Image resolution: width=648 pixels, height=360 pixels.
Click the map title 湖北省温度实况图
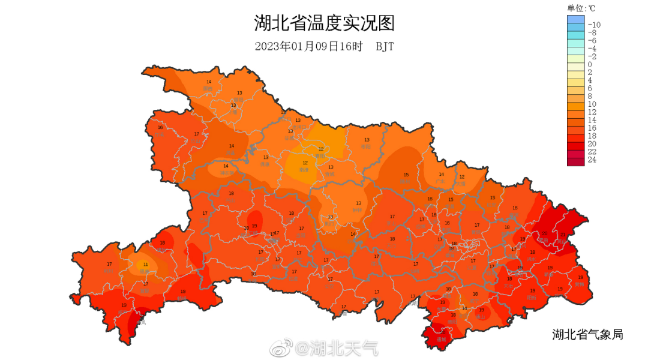click(324, 23)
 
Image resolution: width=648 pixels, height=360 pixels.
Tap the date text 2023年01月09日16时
click(309, 47)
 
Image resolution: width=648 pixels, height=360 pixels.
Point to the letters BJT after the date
click(385, 47)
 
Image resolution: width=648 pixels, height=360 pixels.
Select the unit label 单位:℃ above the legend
click(581, 8)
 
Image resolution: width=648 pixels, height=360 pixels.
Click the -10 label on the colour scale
click(593, 24)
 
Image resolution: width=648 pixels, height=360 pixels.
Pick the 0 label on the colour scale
click(590, 64)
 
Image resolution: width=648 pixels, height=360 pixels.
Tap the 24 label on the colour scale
click(592, 160)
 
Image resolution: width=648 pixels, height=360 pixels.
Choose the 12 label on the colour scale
click(592, 112)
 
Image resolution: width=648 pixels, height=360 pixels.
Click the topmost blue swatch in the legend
click(575, 19)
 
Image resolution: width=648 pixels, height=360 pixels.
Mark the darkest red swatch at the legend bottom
click(575, 160)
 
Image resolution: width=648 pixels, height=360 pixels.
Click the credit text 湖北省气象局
click(587, 334)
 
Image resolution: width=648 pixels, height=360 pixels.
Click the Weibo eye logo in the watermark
click(280, 347)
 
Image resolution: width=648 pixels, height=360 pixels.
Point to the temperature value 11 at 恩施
click(145, 265)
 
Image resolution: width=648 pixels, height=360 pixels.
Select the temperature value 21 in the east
click(563, 233)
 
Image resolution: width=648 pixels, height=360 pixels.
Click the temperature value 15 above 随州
click(406, 175)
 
